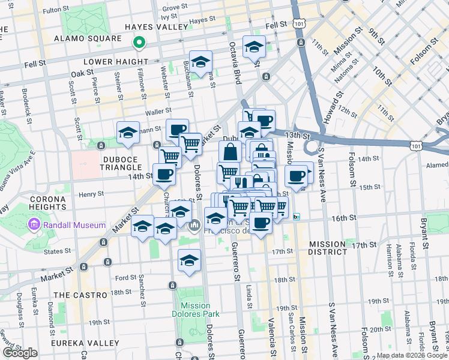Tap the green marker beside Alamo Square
click(x=139, y=43)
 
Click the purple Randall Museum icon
click(x=34, y=226)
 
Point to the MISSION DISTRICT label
click(x=327, y=248)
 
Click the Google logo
click(x=20, y=353)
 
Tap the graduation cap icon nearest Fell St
click(x=255, y=46)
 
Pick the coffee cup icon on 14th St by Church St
click(x=164, y=174)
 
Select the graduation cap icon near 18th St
click(x=189, y=260)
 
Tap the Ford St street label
click(x=126, y=278)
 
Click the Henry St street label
click(x=92, y=194)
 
